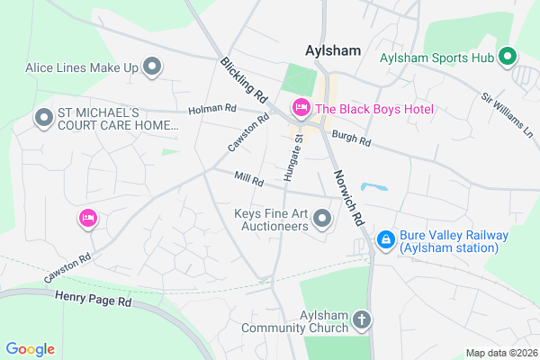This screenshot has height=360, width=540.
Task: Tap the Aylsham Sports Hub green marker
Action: [506, 58]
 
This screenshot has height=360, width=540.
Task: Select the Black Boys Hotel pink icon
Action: [301, 109]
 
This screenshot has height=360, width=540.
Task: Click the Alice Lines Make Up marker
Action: [152, 67]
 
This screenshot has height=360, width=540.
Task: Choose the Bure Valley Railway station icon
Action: [385, 239]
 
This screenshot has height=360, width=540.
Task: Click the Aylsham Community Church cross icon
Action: [361, 319]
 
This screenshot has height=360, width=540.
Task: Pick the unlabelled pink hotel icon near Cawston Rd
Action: [87, 218]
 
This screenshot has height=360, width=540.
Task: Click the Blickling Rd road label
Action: [244, 80]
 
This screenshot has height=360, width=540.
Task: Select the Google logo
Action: [30, 349]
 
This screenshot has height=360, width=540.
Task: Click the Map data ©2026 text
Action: [499, 352]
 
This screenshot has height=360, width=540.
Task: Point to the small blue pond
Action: [374, 188]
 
